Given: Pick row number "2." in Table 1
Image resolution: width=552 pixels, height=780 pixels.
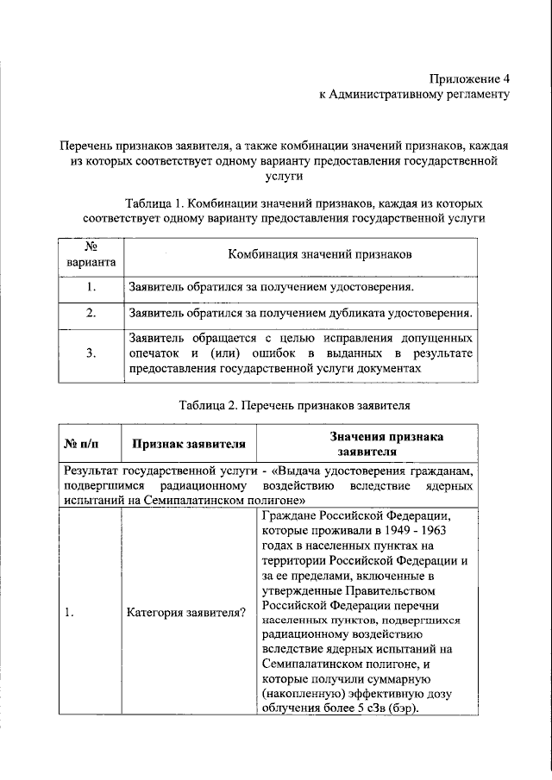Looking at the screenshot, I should pyautogui.click(x=91, y=313).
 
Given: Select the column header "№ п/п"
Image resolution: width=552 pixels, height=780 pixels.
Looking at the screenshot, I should pyautogui.click(x=83, y=444).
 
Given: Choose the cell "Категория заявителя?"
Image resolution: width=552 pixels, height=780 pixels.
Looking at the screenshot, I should pyautogui.click(x=185, y=614).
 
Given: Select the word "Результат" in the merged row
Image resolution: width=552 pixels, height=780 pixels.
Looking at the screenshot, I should pyautogui.click(x=91, y=471).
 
